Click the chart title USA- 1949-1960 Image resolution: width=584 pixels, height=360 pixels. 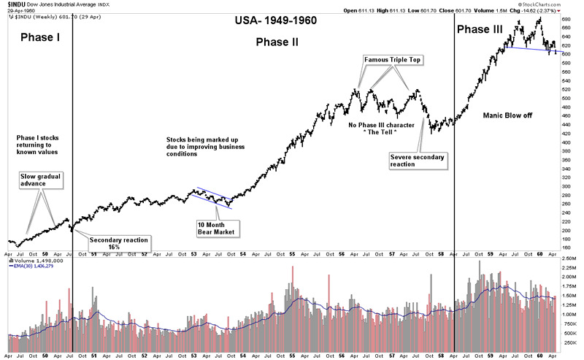(275, 20)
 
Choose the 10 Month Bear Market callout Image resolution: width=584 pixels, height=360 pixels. (219, 228)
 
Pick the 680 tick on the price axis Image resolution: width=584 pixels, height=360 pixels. (566, 28)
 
